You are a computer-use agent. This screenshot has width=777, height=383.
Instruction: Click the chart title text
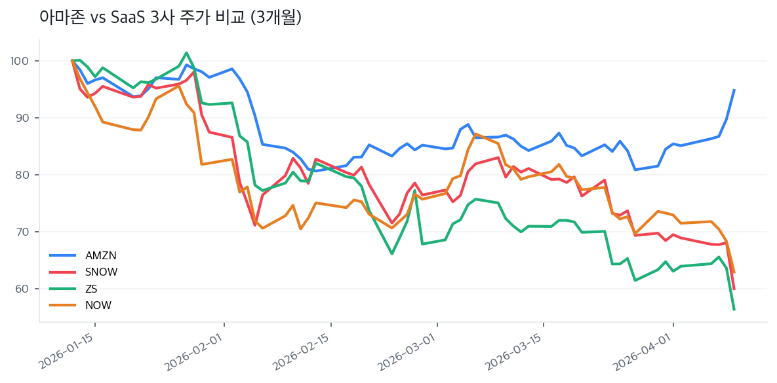tap(170, 18)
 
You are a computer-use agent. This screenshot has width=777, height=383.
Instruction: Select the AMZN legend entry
tap(100, 255)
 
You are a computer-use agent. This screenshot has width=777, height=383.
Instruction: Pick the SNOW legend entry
tap(101, 272)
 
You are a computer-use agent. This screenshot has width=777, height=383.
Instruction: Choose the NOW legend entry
tap(98, 305)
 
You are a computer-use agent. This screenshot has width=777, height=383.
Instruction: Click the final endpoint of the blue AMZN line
tap(734, 90)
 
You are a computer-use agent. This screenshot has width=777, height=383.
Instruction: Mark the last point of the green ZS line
tap(734, 309)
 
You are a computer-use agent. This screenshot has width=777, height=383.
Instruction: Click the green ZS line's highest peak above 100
tap(187, 53)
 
